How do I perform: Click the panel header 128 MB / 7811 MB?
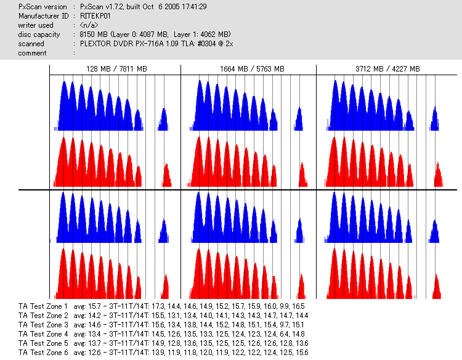[x=116, y=69]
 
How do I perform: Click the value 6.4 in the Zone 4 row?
[x=286, y=333]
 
